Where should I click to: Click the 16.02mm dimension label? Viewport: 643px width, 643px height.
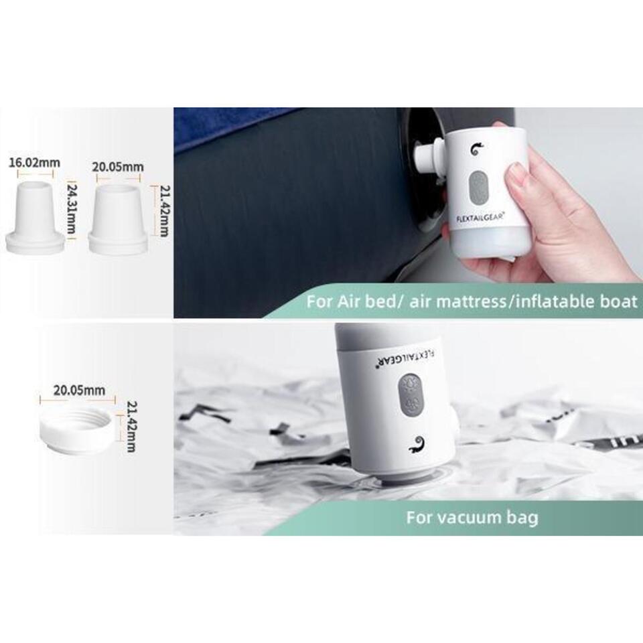35,162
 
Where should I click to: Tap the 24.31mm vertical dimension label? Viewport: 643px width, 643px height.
70,209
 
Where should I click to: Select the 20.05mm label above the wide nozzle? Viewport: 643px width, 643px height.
118,167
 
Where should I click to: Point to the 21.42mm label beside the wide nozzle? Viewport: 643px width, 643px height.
163,211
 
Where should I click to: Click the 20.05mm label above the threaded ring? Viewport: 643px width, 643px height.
79,390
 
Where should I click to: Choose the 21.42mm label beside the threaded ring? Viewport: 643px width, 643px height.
131,427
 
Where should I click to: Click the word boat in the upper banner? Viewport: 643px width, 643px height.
620,301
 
